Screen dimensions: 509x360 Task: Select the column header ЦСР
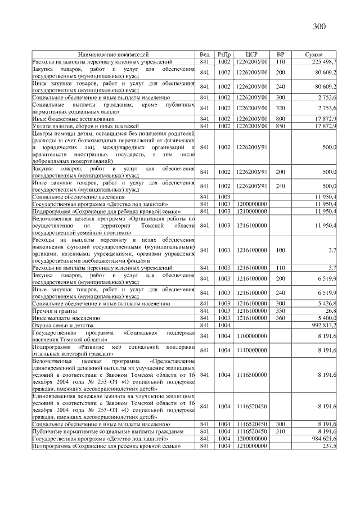[x=251, y=55]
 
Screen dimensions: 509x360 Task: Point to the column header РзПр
[x=224, y=55]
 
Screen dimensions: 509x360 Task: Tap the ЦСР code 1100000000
[x=251, y=335]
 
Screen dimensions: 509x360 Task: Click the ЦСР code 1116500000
[x=251, y=374]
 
